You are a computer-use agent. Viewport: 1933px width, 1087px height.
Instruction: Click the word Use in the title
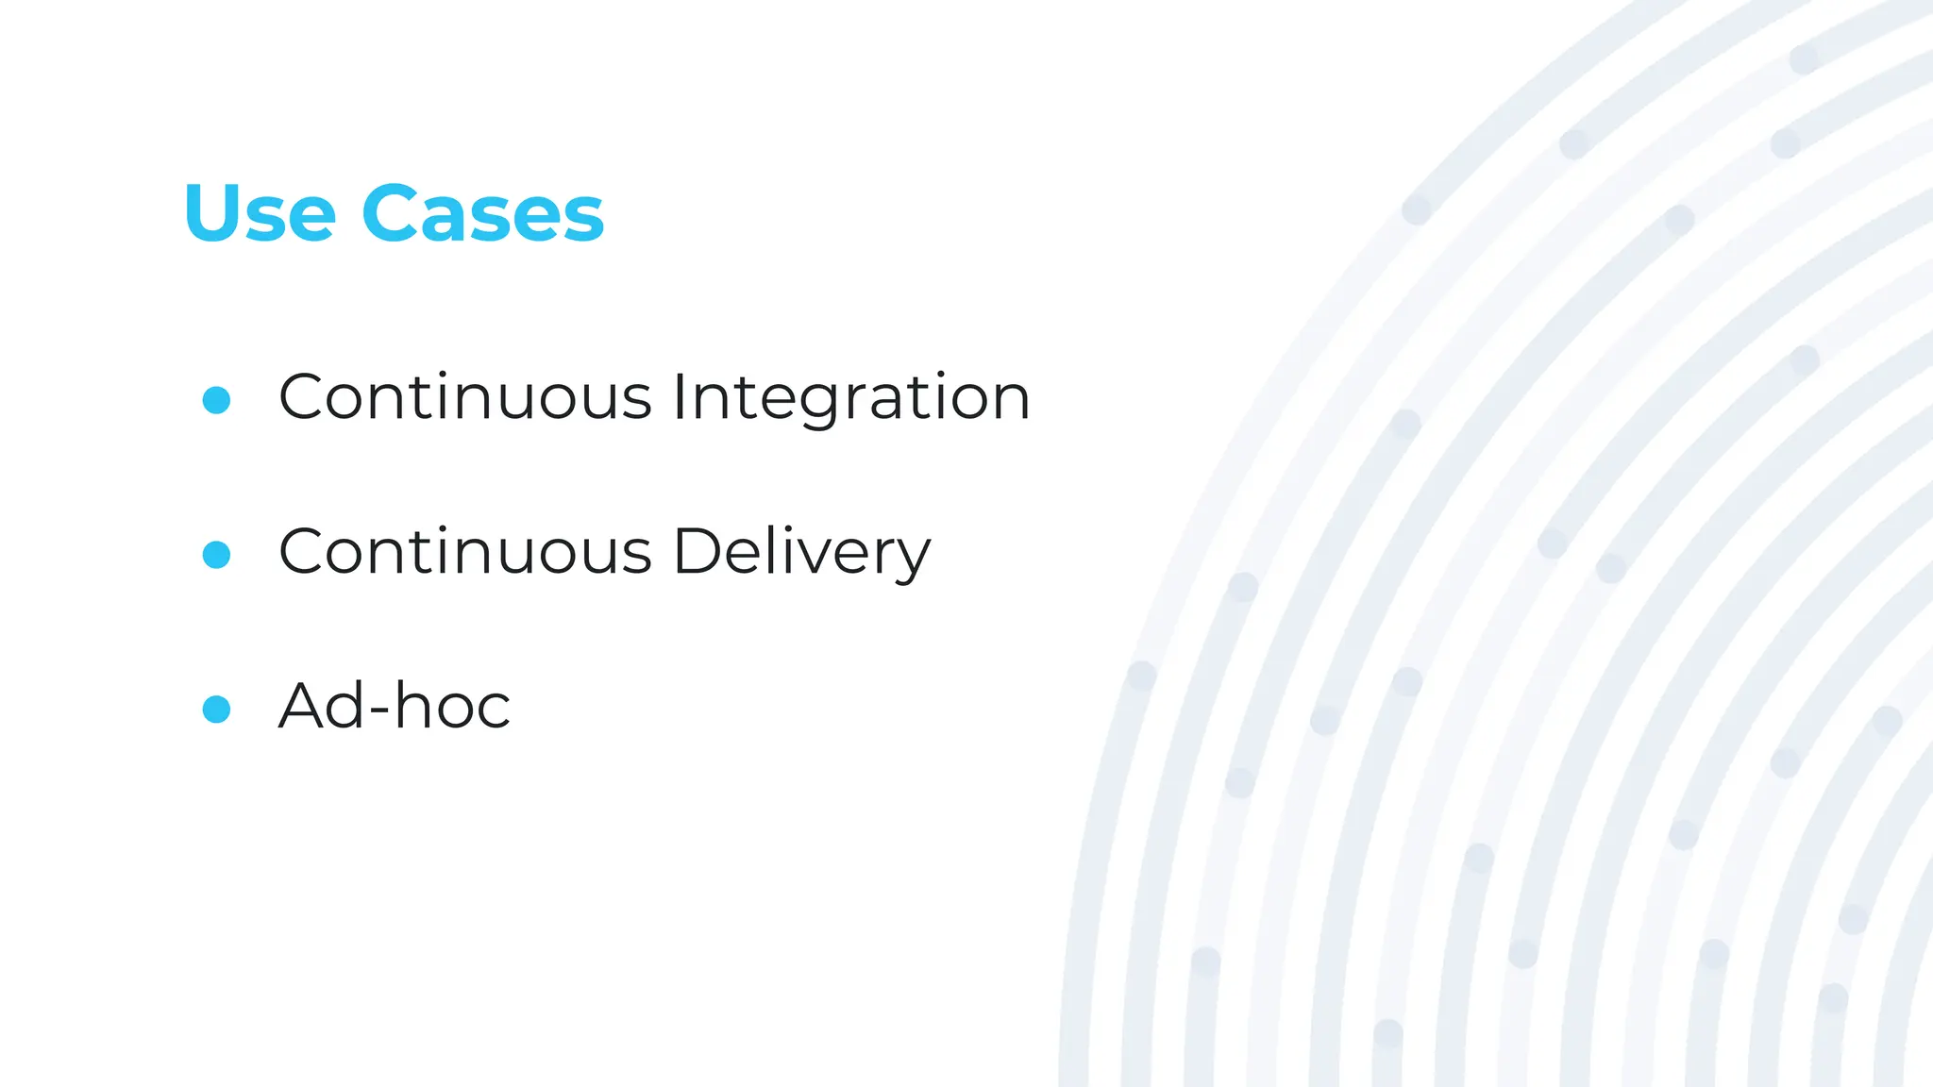pos(260,213)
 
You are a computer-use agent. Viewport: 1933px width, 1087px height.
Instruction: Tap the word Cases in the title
pos(482,213)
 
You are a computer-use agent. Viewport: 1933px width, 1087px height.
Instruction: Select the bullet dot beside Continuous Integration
pos(216,399)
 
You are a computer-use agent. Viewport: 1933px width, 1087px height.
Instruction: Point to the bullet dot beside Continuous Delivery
pos(216,554)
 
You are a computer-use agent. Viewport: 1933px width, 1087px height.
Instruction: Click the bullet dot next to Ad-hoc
pos(216,709)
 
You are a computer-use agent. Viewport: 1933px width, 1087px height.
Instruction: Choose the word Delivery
pos(801,552)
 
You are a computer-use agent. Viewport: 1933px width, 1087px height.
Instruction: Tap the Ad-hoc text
pos(395,706)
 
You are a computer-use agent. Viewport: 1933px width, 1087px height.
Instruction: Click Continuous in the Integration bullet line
pos(464,397)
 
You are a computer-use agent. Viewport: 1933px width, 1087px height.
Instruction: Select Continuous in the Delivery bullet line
pos(464,552)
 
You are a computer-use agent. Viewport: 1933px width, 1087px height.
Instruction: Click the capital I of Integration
pos(679,397)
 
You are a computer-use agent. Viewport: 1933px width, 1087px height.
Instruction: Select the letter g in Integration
pos(798,404)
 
